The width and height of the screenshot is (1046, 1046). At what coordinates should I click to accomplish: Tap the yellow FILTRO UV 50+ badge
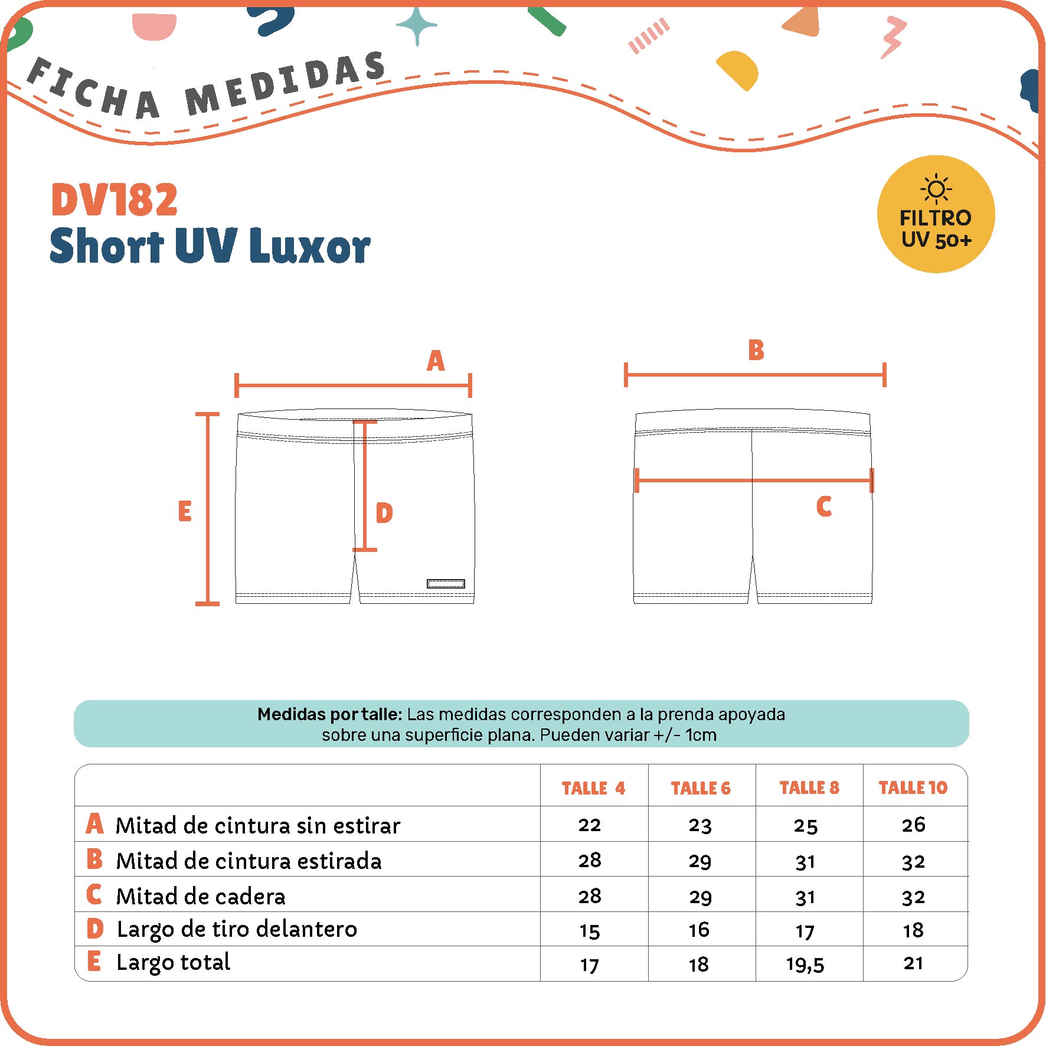pos(936,214)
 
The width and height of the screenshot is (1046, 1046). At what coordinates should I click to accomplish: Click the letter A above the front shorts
pos(436,361)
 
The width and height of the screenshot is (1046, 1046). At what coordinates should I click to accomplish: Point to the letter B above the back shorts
pos(756,349)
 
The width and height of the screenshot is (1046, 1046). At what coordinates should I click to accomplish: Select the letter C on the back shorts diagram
pos(824,506)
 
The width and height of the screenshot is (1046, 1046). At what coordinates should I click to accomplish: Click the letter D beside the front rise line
pos(384,513)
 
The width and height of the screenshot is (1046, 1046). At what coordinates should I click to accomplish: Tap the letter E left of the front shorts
pos(185,511)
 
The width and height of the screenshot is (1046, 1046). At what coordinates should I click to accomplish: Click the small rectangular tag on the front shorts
pos(446,584)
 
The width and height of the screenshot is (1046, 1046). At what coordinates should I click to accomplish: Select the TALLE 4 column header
pos(593,788)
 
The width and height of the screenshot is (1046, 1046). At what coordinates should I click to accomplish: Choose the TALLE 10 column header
pos(913,787)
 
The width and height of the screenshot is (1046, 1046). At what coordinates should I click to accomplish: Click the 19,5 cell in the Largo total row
pos(805,965)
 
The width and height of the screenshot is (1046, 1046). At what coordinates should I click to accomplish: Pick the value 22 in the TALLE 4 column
pos(590,825)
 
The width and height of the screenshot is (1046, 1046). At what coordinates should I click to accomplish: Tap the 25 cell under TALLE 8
pos(806,825)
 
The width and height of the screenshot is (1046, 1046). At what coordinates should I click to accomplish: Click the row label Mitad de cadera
pos(201,896)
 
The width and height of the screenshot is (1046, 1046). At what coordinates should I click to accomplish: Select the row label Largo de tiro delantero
pos(237,929)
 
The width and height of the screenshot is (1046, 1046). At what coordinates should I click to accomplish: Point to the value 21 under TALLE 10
pos(913,963)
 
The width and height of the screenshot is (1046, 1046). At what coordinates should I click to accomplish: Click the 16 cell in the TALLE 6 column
pos(699,930)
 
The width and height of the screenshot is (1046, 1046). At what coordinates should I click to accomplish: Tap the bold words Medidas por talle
pos(330,714)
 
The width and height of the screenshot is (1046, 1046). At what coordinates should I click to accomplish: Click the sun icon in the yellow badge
pos(936,189)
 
